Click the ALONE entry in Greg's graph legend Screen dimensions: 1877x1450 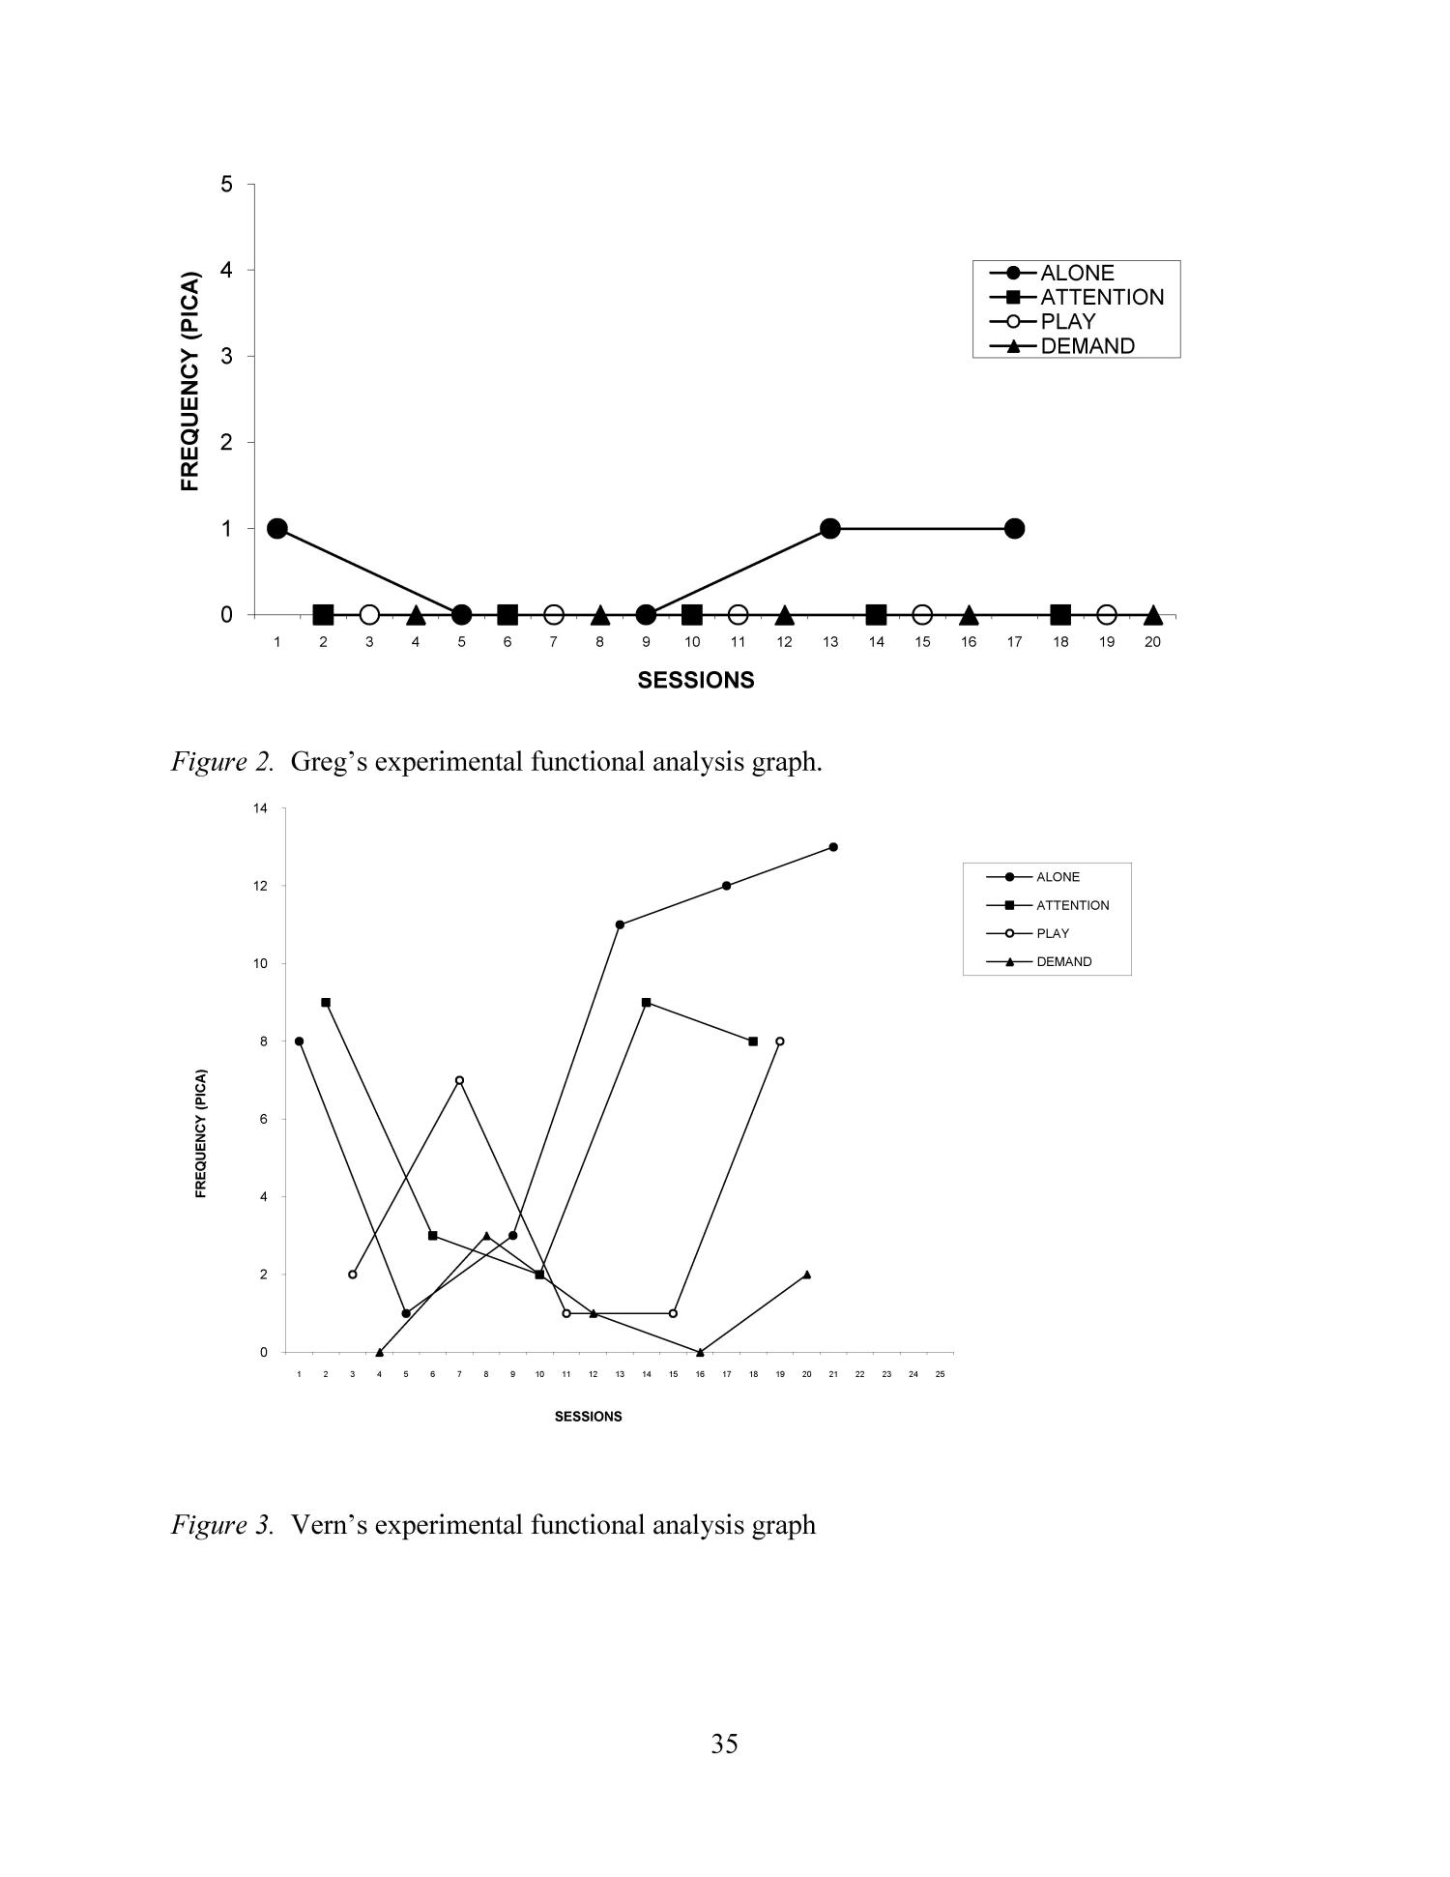1076,274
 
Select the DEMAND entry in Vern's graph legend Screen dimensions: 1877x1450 1063,962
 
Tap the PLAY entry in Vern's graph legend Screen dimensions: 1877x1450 1053,934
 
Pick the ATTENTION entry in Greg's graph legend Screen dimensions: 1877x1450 1101,298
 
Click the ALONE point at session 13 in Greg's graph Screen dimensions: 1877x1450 829,529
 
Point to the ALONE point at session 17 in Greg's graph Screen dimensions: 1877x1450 1014,529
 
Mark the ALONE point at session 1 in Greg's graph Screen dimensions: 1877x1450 277,529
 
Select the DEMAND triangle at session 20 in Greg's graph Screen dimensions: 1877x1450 1152,615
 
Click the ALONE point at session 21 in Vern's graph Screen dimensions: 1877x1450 833,847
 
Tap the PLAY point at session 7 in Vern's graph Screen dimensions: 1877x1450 459,1080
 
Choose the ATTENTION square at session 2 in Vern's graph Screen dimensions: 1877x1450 326,1003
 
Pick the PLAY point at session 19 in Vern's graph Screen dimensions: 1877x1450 780,1041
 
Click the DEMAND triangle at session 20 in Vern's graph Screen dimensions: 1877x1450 807,1275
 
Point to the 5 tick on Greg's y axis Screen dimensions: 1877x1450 226,184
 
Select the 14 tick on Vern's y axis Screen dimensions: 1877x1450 260,808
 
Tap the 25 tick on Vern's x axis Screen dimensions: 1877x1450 940,1374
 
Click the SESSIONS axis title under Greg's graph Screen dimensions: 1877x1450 695,680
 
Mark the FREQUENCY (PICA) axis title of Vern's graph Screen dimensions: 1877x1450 201,1133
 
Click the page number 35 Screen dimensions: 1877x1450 724,1744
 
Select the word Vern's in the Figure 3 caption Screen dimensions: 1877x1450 326,1525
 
